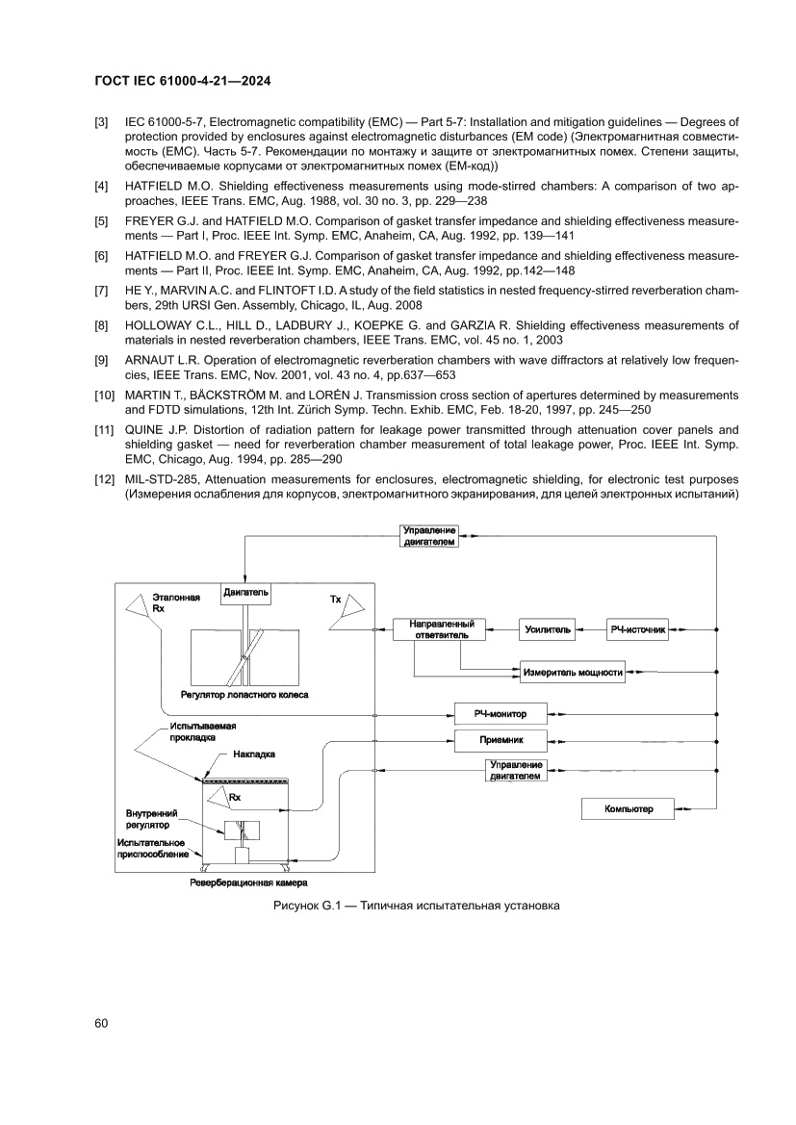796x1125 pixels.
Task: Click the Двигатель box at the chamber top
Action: click(246, 592)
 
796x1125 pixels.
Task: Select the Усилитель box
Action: click(548, 629)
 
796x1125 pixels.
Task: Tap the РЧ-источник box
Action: click(636, 629)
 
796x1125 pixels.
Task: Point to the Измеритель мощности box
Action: click(573, 672)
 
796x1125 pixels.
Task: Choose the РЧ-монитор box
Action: click(500, 714)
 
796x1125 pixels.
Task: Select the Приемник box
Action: click(500, 740)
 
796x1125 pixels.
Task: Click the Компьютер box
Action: click(629, 809)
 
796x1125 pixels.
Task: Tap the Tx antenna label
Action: click(336, 600)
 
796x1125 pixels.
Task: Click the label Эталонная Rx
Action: click(176, 603)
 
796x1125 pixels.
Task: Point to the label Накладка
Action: click(254, 755)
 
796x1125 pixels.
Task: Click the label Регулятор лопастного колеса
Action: click(244, 693)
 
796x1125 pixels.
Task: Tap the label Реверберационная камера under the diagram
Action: click(253, 881)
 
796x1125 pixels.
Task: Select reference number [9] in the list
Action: click(101, 360)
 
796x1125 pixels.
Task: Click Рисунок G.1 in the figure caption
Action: click(304, 906)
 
